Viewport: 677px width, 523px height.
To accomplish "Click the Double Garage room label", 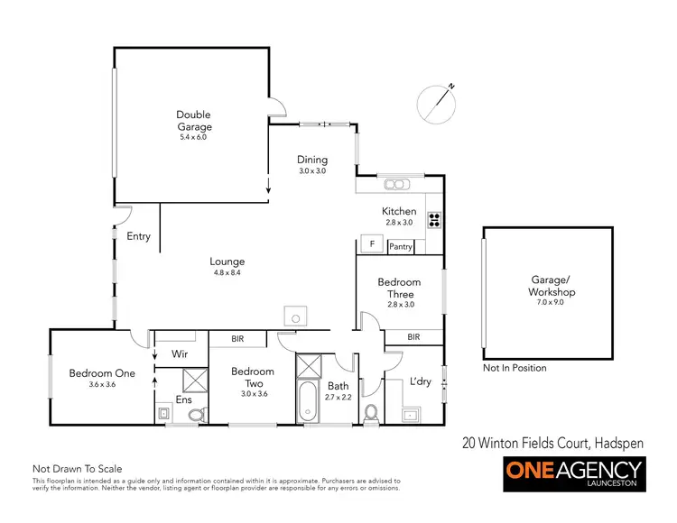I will click(193, 120).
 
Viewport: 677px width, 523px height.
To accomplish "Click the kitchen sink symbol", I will click(395, 185).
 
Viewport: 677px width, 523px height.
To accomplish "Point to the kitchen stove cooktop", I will click(433, 218).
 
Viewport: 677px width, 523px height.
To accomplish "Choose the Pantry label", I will click(400, 246).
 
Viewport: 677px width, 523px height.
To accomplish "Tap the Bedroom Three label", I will click(400, 289).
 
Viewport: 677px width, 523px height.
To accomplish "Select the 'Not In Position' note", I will click(515, 368).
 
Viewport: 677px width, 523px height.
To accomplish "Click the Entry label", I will click(139, 237).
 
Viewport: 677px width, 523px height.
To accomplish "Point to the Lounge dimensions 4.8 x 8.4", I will click(228, 272).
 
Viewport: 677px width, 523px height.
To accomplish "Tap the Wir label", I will click(180, 354).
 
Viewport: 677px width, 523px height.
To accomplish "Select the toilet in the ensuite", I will click(195, 415).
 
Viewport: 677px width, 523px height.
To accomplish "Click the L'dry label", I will click(421, 382).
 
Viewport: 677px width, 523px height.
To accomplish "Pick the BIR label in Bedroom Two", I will click(237, 339).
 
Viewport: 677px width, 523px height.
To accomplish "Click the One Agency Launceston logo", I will click(573, 473).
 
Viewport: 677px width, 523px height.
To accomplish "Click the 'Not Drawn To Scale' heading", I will click(77, 469).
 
